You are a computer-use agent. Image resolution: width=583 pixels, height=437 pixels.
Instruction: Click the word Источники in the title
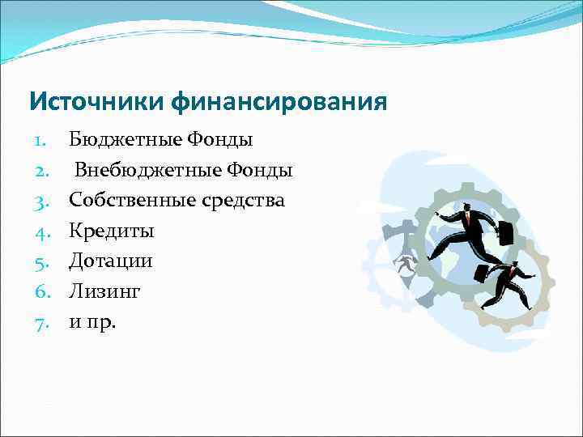click(x=97, y=103)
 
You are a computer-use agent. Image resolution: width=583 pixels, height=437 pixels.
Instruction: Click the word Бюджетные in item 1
click(x=126, y=141)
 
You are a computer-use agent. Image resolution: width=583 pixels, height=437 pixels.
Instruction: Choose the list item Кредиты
click(x=111, y=231)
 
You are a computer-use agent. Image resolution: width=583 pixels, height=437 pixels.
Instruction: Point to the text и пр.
click(x=92, y=323)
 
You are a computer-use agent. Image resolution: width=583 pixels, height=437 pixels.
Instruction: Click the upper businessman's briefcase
click(x=504, y=233)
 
